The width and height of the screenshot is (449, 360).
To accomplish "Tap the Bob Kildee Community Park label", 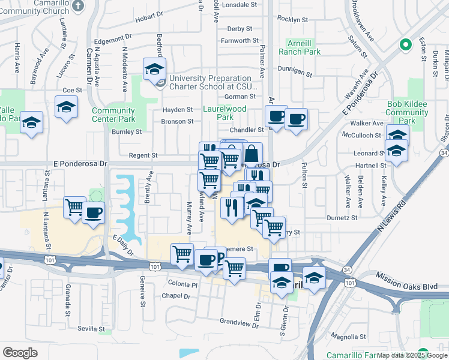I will pyautogui.click(x=406, y=112).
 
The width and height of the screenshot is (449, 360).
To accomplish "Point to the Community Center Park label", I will pyautogui.click(x=113, y=115).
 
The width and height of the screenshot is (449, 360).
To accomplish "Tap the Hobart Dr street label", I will pyautogui.click(x=149, y=18).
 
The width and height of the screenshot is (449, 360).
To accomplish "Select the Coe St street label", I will pyautogui.click(x=71, y=90).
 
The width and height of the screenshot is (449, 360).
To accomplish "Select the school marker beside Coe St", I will pyautogui.click(x=66, y=107).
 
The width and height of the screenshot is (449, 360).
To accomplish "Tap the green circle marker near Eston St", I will pyautogui.click(x=405, y=45).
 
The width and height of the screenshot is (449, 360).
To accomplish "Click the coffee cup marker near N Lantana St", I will pyautogui.click(x=92, y=212).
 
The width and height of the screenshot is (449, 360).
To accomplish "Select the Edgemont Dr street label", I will pyautogui.click(x=108, y=41).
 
